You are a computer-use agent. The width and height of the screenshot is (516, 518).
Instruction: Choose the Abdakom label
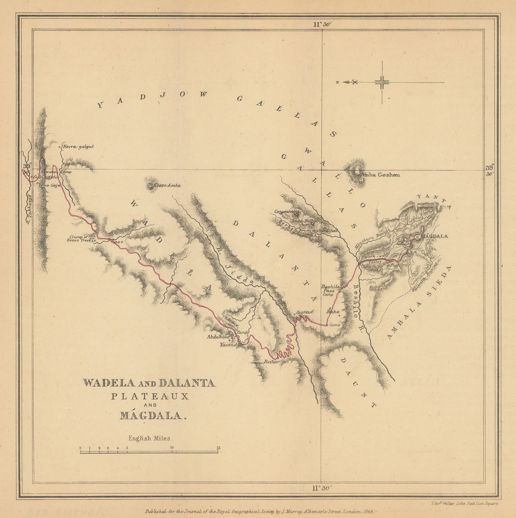click(x=218, y=336)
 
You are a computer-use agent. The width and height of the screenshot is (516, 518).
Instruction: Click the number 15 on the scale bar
click(x=219, y=448)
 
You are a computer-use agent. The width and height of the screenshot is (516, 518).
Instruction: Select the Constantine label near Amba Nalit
click(x=285, y=212)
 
